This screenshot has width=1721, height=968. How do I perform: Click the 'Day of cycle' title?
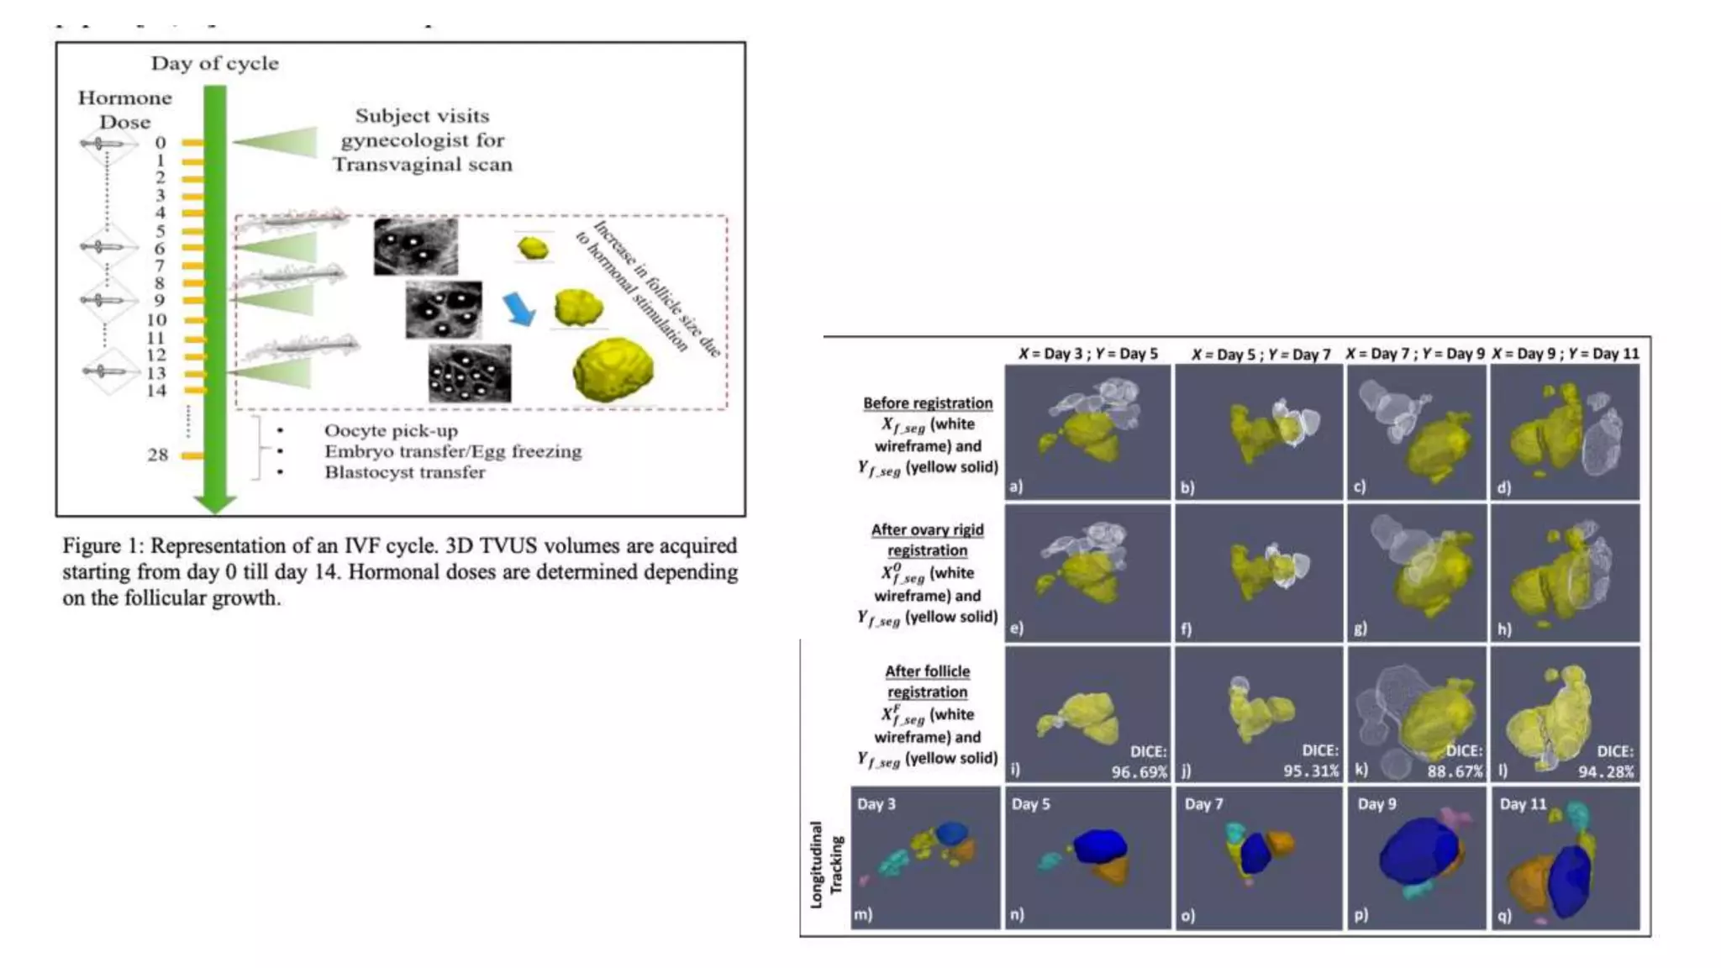tap(214, 63)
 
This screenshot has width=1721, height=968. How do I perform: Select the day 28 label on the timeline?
tap(157, 455)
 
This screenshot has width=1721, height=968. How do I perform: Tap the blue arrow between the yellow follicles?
tap(519, 308)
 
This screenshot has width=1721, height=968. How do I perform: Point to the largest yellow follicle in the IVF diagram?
tap(613, 368)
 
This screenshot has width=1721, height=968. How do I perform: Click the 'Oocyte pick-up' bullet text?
tap(391, 431)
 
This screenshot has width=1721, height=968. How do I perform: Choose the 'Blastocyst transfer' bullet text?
tap(404, 472)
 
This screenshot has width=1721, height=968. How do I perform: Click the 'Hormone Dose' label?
tap(124, 109)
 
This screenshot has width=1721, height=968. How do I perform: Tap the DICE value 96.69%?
tap(1139, 771)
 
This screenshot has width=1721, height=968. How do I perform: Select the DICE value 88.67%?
tap(1455, 771)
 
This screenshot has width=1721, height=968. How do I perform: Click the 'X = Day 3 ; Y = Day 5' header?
tap(1087, 354)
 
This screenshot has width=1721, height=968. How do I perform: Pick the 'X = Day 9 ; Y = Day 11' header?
tap(1565, 354)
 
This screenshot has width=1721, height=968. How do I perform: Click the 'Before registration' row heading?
tap(928, 403)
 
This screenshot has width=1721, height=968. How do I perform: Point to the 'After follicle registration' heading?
tap(927, 681)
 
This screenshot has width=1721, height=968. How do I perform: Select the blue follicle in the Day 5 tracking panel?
tap(1099, 846)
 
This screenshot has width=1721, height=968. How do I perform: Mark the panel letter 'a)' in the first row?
tap(1017, 486)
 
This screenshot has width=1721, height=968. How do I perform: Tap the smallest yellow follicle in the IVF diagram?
tap(533, 248)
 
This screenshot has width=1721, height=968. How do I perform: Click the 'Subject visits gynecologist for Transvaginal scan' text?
tap(422, 140)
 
